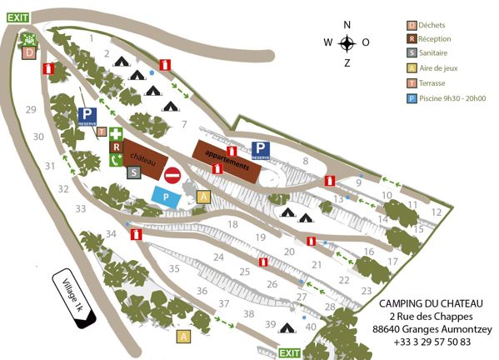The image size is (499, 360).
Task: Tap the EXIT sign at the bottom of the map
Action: pos(289,353)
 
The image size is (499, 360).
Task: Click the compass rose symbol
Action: pos(347,43)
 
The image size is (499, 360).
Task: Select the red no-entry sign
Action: pos(172,175)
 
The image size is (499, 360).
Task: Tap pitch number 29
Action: pos(31,110)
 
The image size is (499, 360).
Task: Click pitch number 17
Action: pos(391,261)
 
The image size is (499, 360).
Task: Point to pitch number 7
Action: pos(184,124)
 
